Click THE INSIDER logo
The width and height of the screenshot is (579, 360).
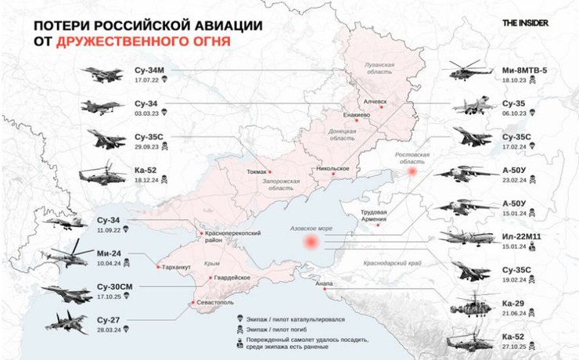pyautogui.click(x=525, y=23)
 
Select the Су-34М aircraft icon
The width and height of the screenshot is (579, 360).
pyautogui.click(x=101, y=75)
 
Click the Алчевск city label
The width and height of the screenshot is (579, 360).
pyautogui.click(x=375, y=101)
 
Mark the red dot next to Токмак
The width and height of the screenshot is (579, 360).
pyautogui.click(x=271, y=171)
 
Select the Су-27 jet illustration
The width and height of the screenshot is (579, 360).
pyautogui.click(x=67, y=322)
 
